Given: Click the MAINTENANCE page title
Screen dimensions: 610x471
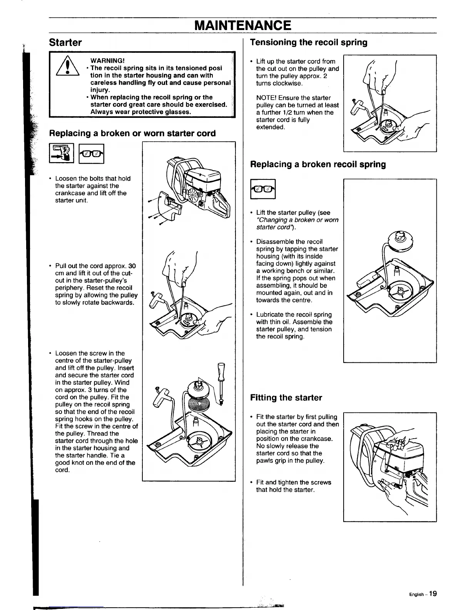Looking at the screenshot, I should coord(242,26).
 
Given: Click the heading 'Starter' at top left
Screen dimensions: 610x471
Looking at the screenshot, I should coord(65,42).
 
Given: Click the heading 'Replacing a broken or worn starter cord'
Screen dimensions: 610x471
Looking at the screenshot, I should coord(132,133).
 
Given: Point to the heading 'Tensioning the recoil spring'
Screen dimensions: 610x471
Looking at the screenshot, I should coord(309,42).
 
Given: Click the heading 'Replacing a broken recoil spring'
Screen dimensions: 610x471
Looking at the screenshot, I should coord(318,164).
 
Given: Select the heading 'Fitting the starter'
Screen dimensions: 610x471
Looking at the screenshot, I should coord(286,397).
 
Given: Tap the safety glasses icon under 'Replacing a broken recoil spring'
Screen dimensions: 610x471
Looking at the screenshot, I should coord(263,189).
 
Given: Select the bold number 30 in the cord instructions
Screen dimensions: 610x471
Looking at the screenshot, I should coord(132,266).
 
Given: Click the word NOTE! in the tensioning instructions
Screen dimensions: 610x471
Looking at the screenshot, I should coord(266,98).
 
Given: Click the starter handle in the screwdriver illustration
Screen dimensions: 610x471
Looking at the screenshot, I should coord(160,401).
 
